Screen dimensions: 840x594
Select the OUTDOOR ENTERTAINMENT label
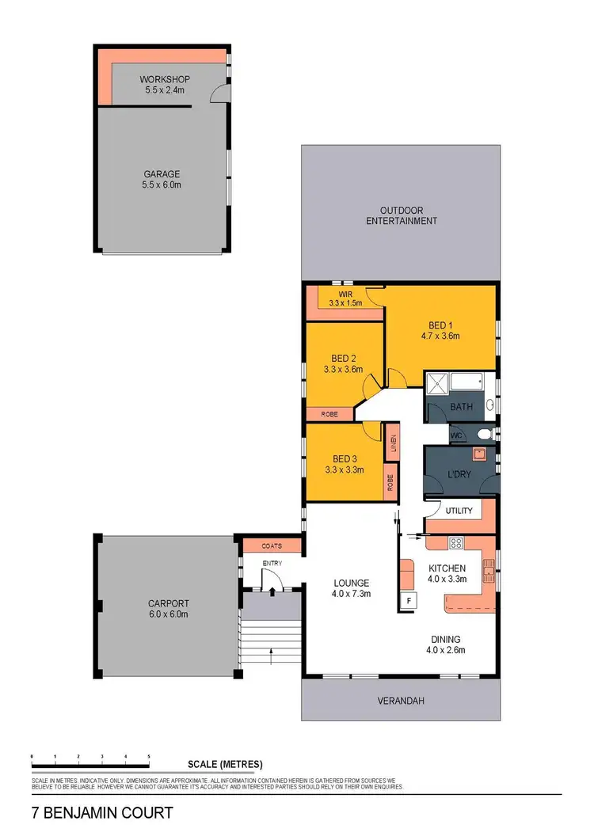[401, 215]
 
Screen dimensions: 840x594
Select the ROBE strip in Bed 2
[330, 414]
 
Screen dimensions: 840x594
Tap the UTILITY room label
[459, 511]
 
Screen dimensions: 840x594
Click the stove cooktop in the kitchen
[456, 543]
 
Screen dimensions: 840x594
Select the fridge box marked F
[409, 601]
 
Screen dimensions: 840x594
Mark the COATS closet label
[272, 545]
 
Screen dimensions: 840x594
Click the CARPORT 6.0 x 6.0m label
[167, 607]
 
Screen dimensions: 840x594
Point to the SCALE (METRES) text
[226, 764]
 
